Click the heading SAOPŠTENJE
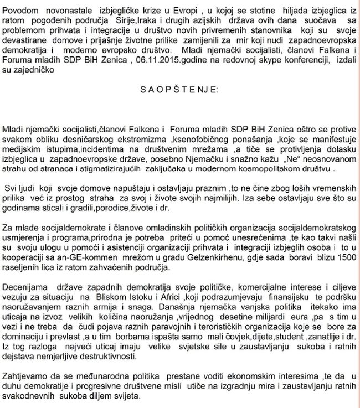[x=180, y=89]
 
